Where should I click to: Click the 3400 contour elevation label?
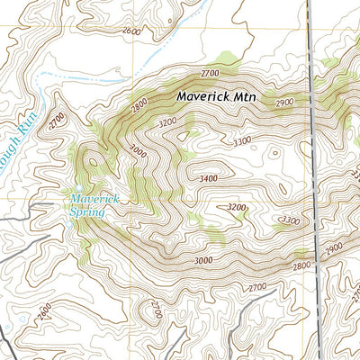tap(209, 179)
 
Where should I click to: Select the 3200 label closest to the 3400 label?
tap(236, 207)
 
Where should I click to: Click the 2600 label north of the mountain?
tap(130, 31)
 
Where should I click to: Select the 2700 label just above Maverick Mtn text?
tap(211, 72)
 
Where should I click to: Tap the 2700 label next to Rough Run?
tap(58, 118)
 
